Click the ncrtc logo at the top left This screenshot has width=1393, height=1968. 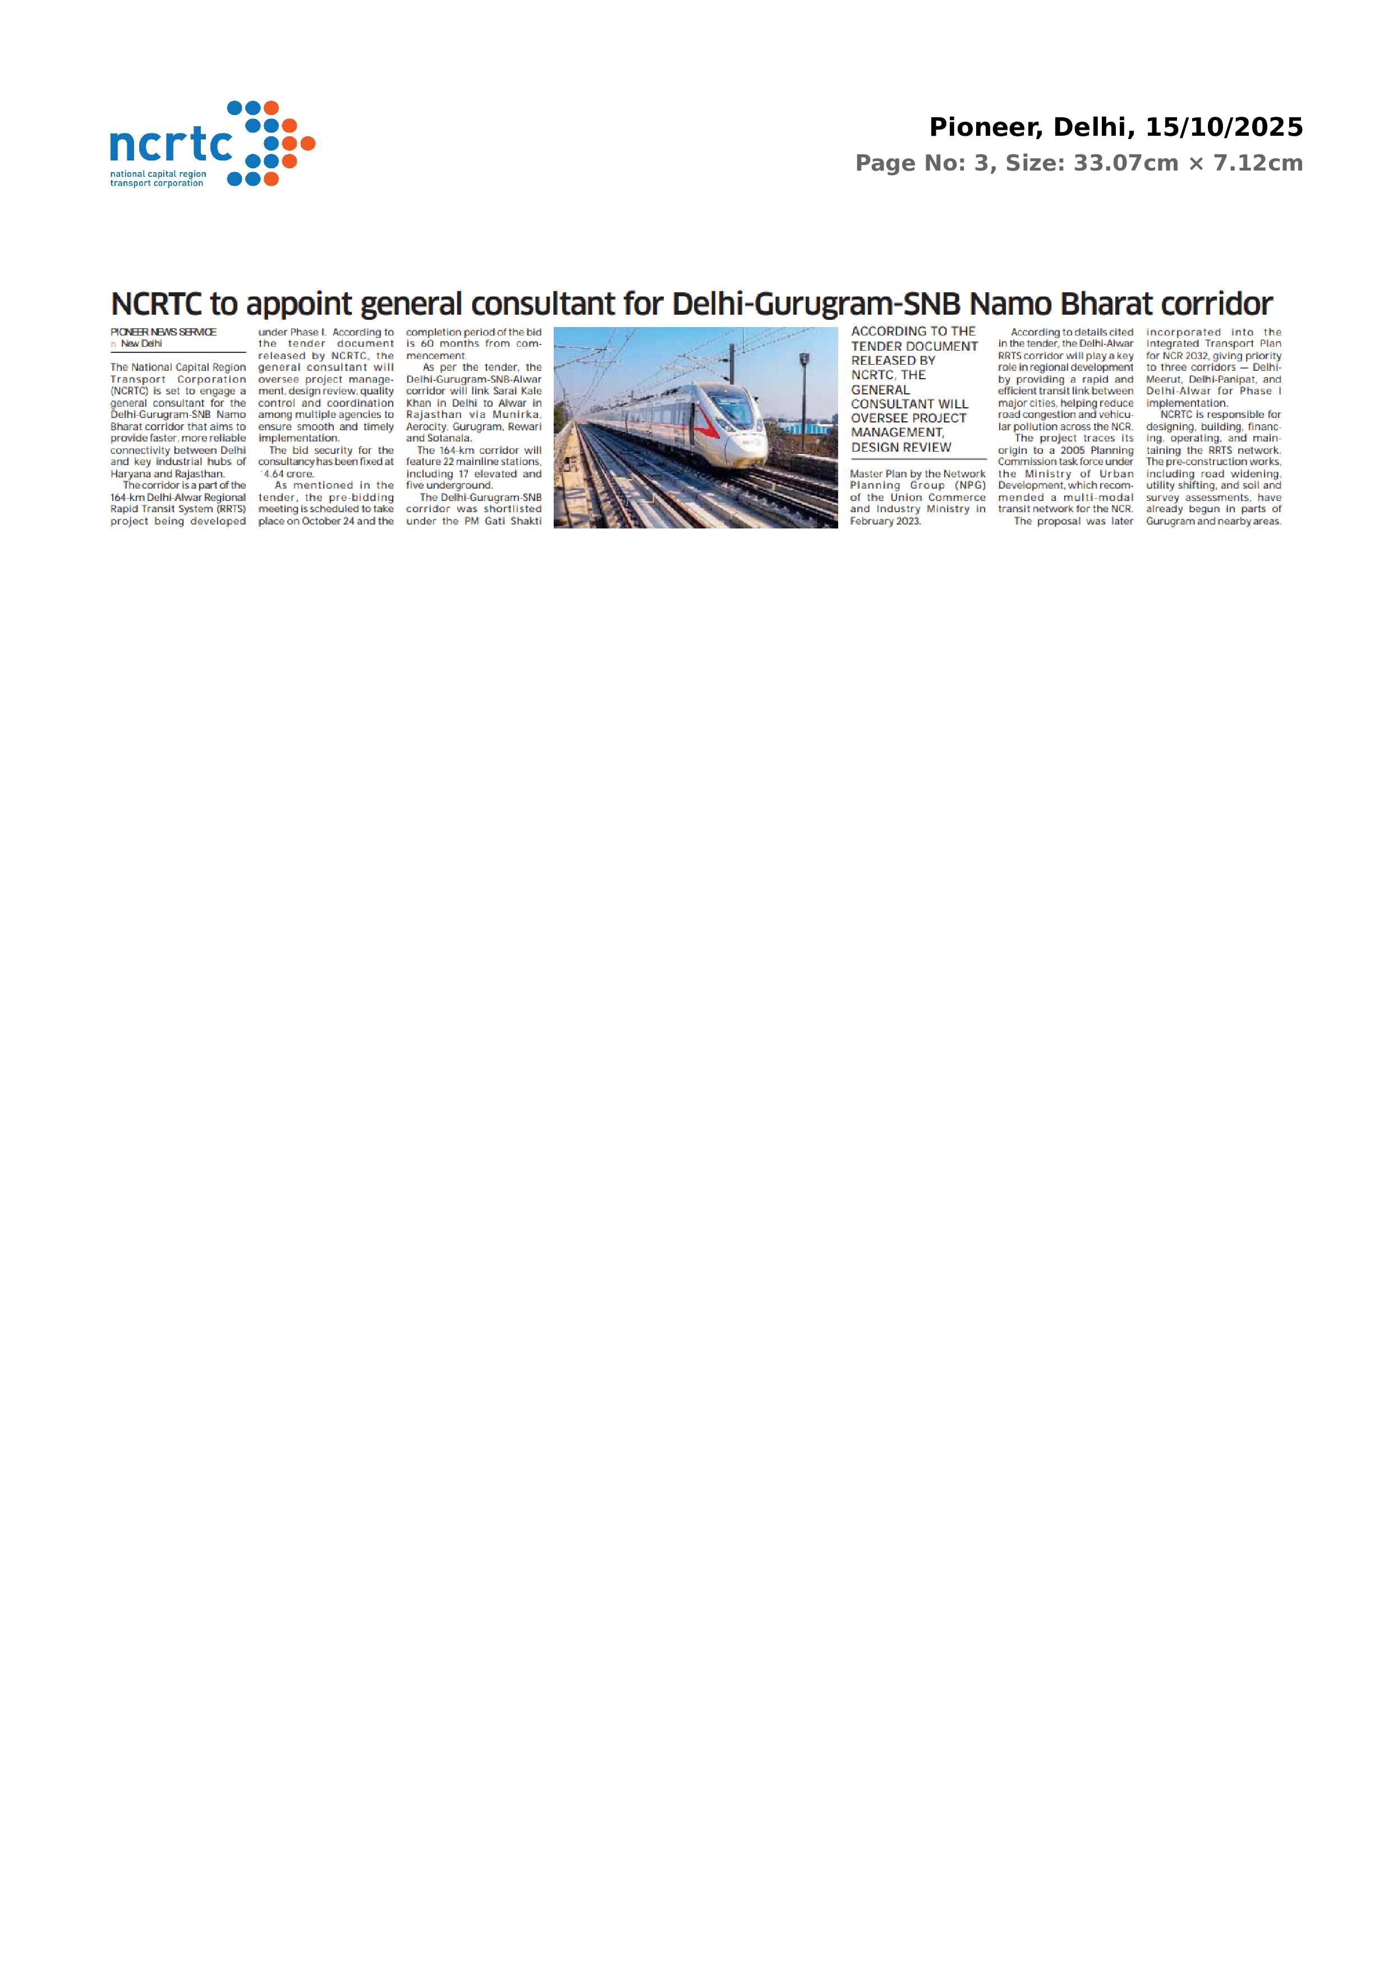[212, 144]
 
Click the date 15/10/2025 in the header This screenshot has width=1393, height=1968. [1224, 128]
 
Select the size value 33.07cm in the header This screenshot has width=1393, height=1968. [1125, 163]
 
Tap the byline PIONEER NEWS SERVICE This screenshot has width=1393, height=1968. [163, 332]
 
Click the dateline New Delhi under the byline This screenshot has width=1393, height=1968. [141, 344]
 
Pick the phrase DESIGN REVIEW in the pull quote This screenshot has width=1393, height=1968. [900, 447]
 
